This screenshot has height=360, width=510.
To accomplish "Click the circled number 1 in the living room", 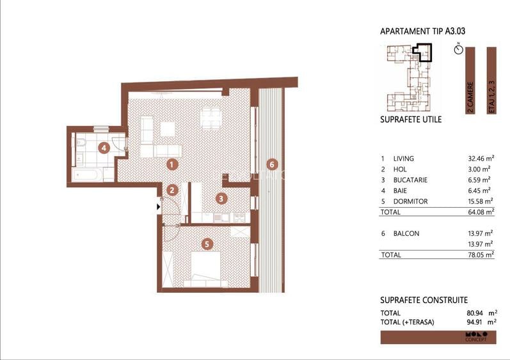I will [x=171, y=164].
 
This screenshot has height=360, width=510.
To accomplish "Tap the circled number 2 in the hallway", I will [x=171, y=190].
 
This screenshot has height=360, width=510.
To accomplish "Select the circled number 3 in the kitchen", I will [x=220, y=198].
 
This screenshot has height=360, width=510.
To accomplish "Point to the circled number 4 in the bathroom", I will [x=103, y=148].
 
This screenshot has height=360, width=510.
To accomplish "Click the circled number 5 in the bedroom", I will [x=205, y=243].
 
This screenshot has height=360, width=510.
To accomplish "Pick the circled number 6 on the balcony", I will [x=272, y=164].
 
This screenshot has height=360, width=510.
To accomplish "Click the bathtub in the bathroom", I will [x=85, y=174].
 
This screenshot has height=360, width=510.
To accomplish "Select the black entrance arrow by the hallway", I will [x=158, y=206].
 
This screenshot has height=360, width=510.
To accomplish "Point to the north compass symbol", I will [x=458, y=49].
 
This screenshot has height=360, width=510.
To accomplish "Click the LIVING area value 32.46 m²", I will [x=481, y=159].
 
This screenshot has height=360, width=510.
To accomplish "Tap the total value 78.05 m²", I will [x=481, y=254].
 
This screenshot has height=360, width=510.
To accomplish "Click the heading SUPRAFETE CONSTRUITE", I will [x=424, y=300].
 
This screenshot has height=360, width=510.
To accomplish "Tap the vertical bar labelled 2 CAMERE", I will [x=470, y=80].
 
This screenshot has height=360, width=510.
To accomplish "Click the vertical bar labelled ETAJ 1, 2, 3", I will [x=491, y=80].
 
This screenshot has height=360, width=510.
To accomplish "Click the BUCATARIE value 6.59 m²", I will [x=481, y=180].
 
